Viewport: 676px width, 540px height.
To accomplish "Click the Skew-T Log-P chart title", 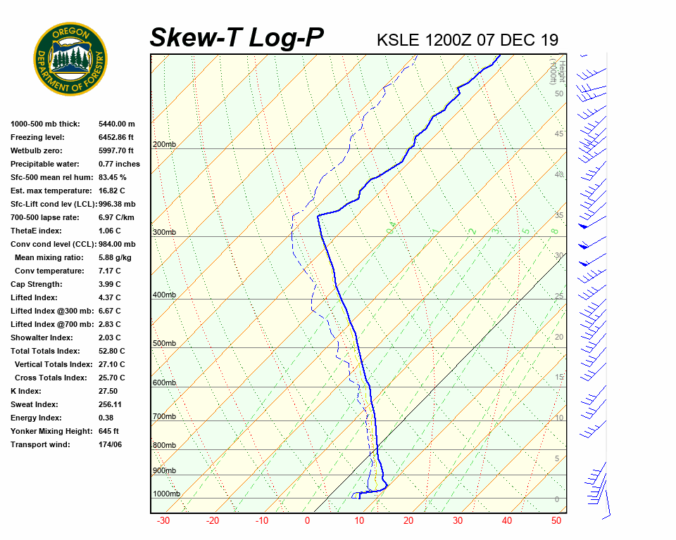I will [237, 37].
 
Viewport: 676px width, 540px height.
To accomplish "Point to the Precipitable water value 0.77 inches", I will [119, 164].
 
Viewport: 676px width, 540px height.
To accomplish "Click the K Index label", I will [26, 391].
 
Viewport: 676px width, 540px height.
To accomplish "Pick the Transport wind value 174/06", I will [111, 444].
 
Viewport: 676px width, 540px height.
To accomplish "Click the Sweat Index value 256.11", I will [111, 404].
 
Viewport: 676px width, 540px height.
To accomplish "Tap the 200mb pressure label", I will [164, 145].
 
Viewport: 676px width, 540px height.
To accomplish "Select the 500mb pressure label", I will [164, 344].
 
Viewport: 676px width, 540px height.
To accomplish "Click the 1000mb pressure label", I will [166, 494].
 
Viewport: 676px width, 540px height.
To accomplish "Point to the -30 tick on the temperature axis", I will [163, 521].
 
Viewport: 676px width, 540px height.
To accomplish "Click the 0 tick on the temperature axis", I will [307, 521].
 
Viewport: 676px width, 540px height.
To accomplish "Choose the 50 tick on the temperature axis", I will [556, 521].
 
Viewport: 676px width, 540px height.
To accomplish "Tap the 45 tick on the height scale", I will [559, 134].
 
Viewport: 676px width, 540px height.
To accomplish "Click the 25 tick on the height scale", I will [559, 296].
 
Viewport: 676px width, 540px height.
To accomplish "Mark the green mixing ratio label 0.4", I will [392, 226].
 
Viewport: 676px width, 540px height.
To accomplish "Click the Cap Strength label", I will [36, 284].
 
